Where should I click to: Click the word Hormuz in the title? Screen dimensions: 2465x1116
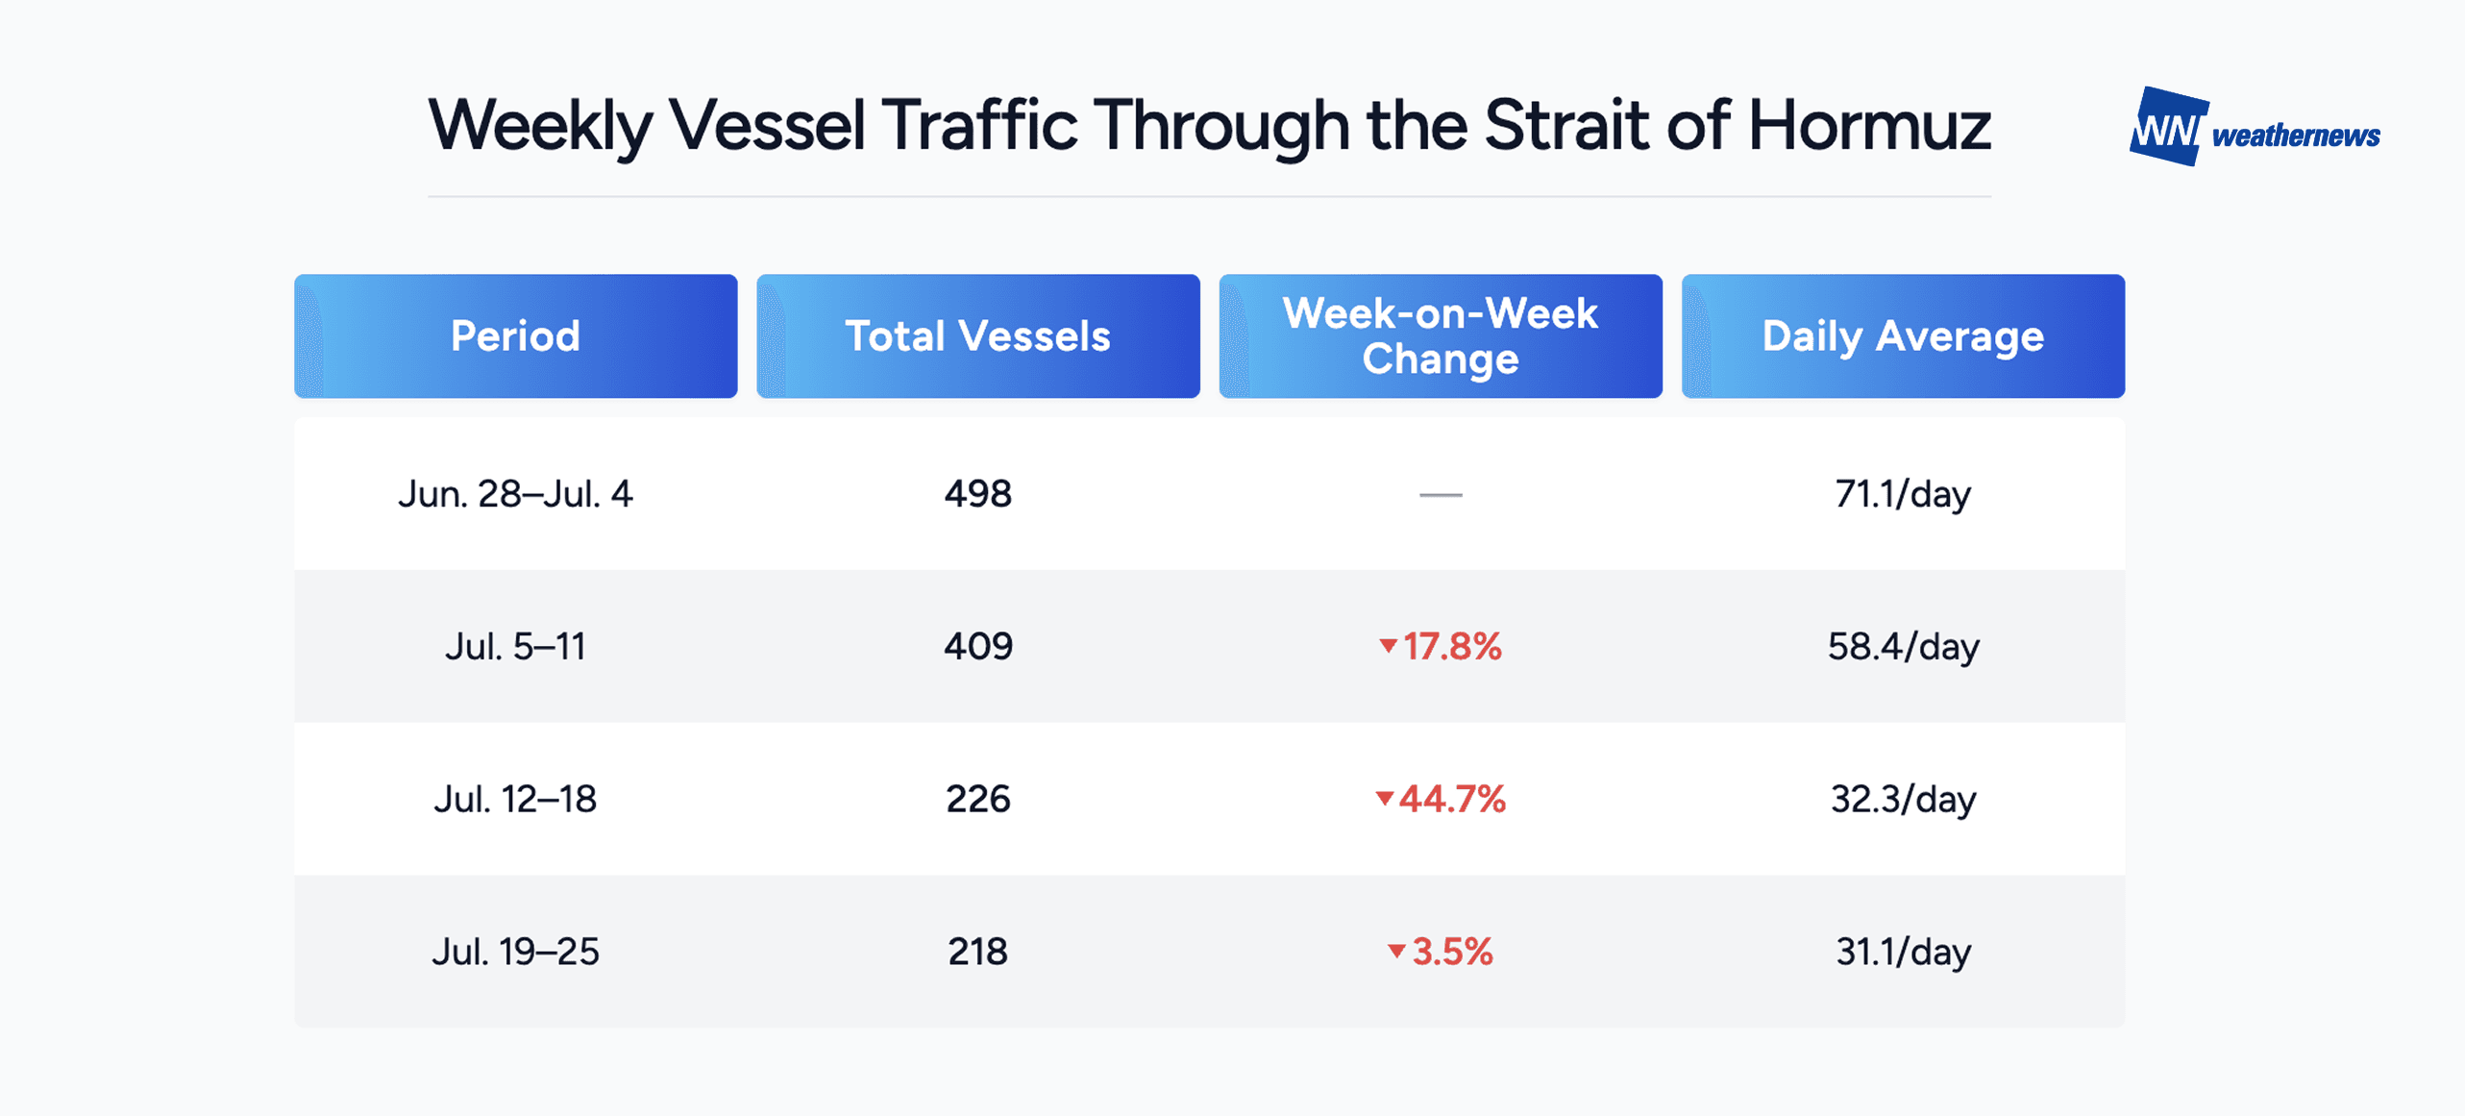[x=1869, y=125]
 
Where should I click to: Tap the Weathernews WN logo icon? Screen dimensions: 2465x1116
[x=2169, y=126]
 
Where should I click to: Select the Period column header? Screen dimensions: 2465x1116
[x=515, y=335]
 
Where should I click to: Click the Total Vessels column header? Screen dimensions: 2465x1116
[x=977, y=335]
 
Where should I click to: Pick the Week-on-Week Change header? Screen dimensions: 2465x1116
[x=1441, y=335]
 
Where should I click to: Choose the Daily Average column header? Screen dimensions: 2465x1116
[x=1903, y=335]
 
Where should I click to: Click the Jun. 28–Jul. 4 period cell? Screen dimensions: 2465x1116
[x=515, y=494]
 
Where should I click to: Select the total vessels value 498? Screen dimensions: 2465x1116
[x=977, y=494]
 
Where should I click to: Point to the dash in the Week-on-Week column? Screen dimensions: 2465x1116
[x=1441, y=495]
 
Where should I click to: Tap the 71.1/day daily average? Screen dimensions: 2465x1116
[x=1903, y=494]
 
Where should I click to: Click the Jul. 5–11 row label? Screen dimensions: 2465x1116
[x=515, y=646]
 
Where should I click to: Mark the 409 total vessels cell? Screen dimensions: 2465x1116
[x=977, y=646]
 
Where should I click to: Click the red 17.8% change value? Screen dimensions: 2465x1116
[x=1451, y=646]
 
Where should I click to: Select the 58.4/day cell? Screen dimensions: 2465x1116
[x=1903, y=646]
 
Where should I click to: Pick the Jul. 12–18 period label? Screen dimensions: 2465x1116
[x=515, y=799]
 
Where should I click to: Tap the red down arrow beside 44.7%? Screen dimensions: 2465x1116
[x=1384, y=799]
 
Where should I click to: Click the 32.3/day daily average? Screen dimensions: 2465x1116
[x=1903, y=799]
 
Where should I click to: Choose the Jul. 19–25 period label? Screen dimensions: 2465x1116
[x=515, y=952]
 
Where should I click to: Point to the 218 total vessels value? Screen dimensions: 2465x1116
[x=977, y=952]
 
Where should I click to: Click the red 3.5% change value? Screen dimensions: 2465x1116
[x=1452, y=952]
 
